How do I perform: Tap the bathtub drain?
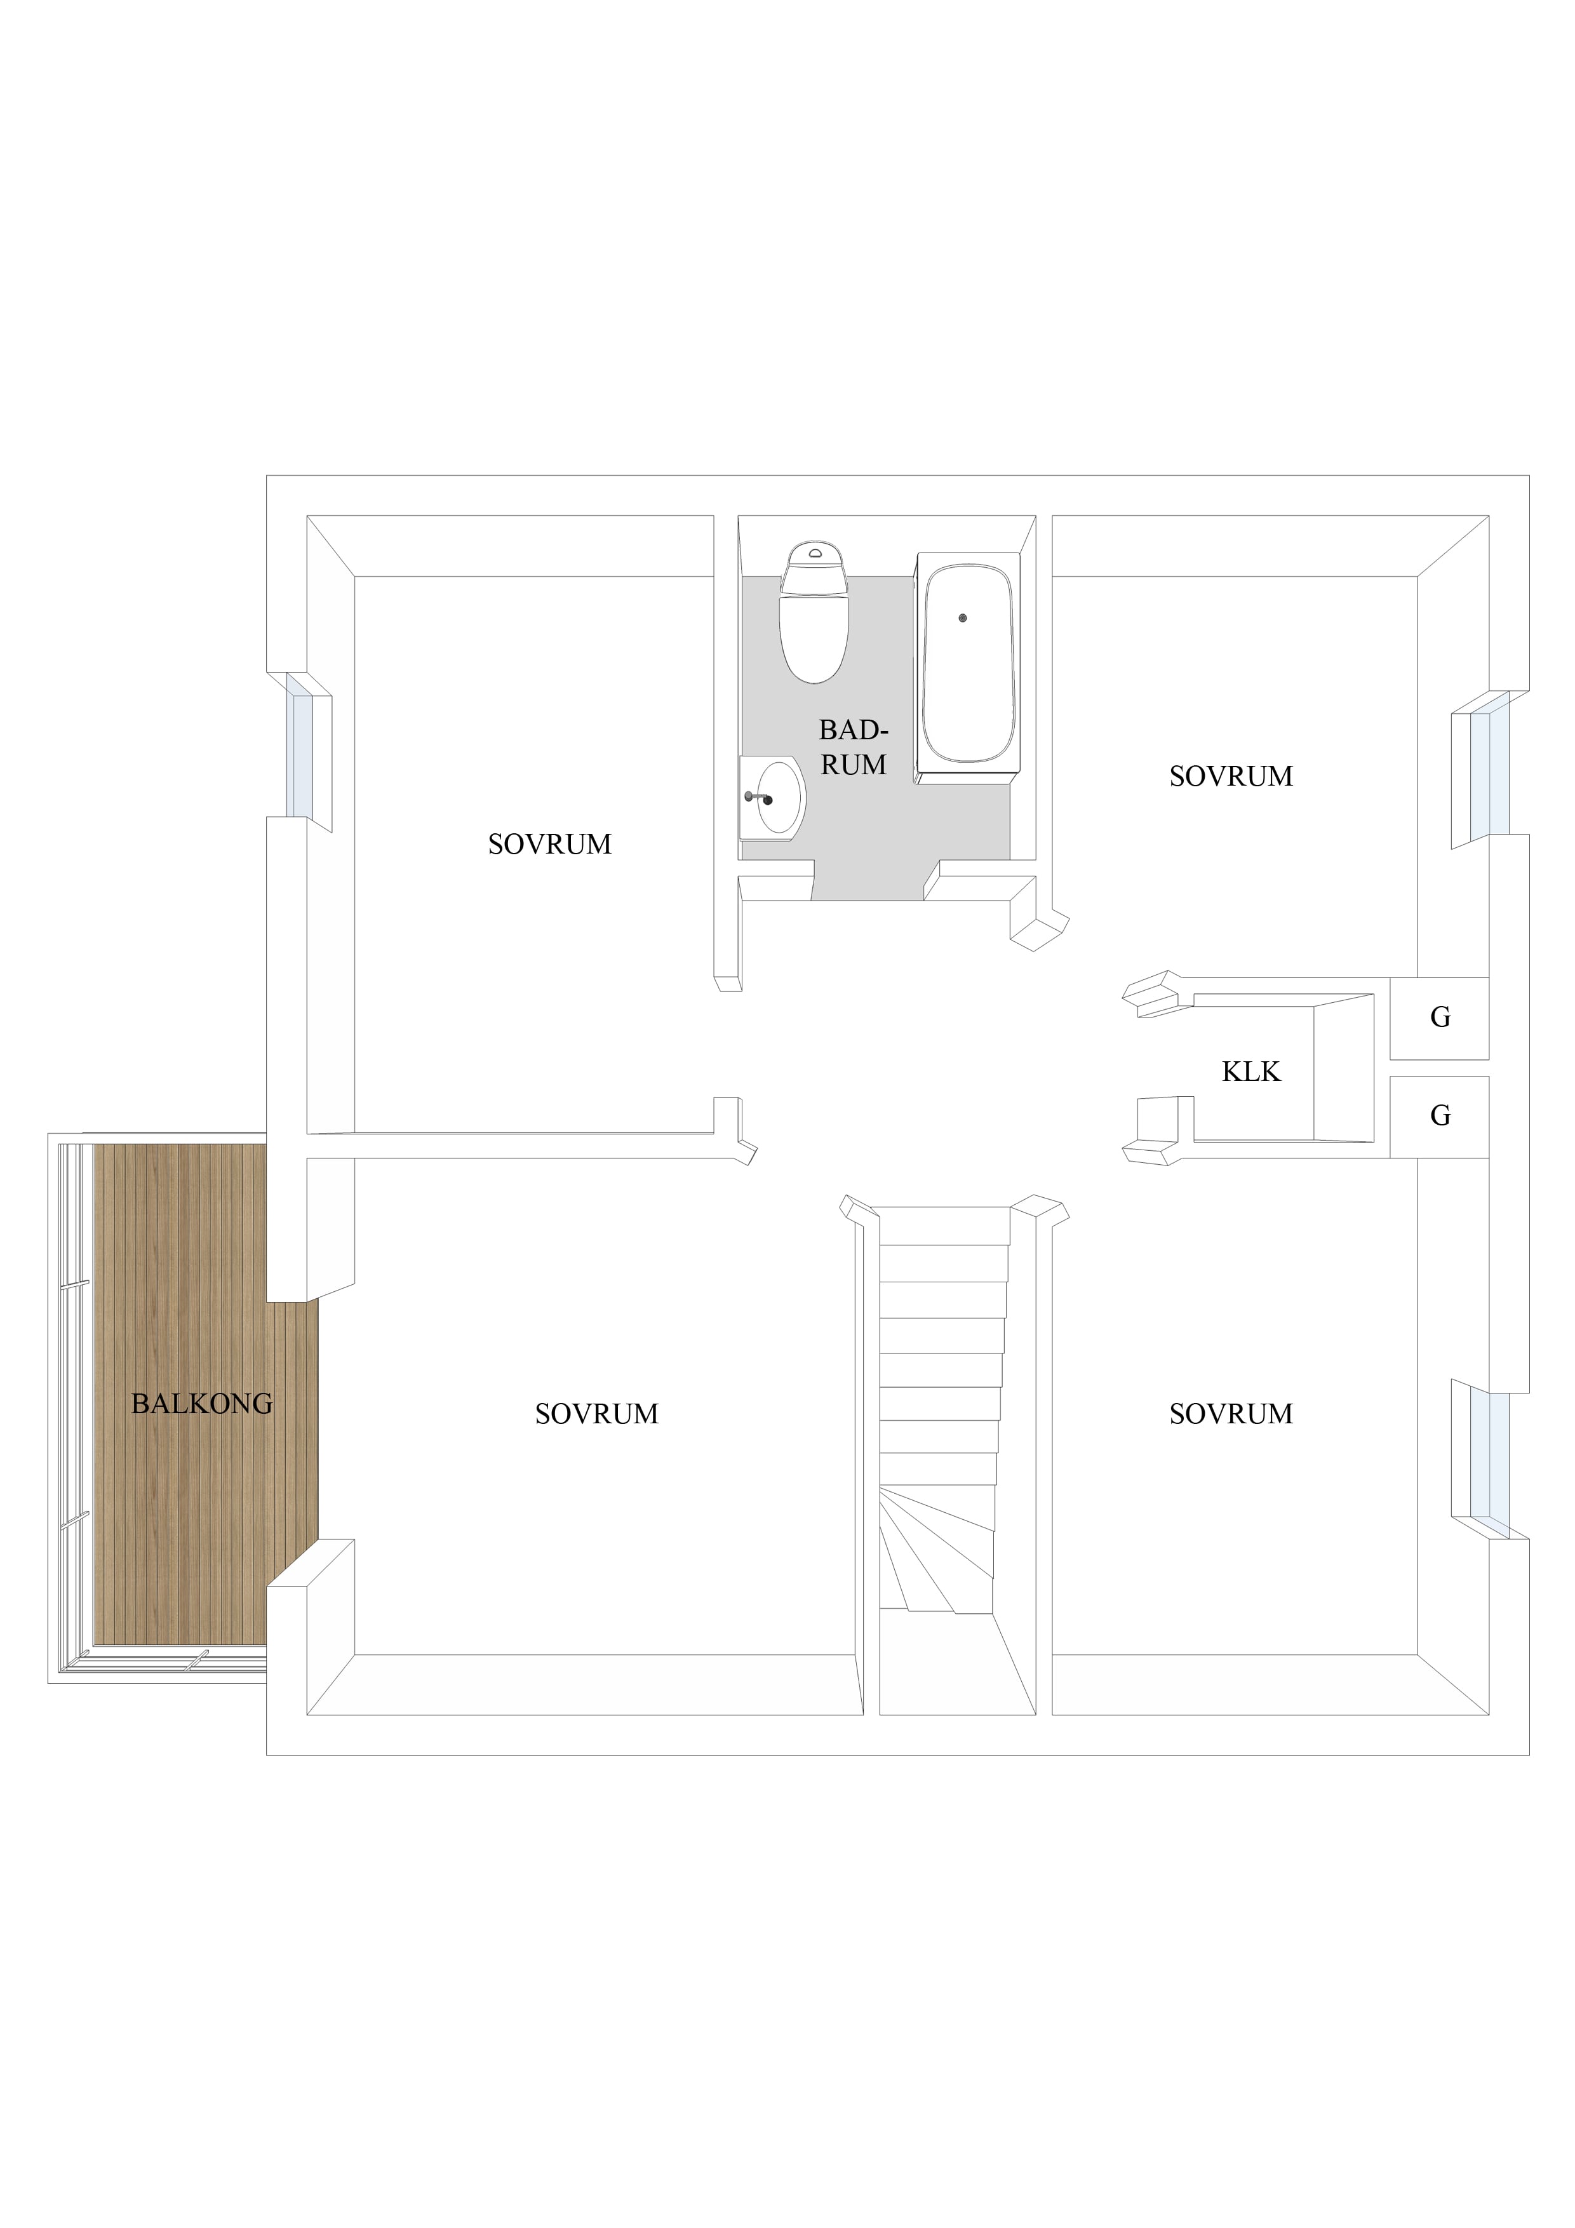pos(963,618)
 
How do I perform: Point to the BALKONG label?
pos(202,1403)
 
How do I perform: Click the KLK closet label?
pos(1251,1071)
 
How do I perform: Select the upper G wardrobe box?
pos(1439,1018)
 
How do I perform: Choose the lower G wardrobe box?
pos(1439,1117)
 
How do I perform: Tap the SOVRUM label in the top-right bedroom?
pos(1231,776)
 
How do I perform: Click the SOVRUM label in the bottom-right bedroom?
pos(1231,1414)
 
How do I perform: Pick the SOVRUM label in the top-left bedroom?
pos(549,844)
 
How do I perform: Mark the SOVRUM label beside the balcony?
pos(597,1414)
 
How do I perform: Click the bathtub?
pos(967,669)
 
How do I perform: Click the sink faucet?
pos(757,798)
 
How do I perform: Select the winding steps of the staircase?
pos(937,1550)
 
